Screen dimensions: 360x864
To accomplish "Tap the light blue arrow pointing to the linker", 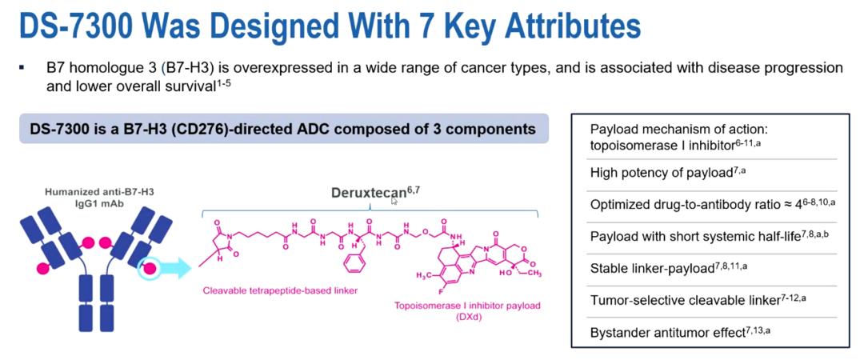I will (171, 268).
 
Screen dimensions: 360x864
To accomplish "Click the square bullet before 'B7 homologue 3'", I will (22, 67).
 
